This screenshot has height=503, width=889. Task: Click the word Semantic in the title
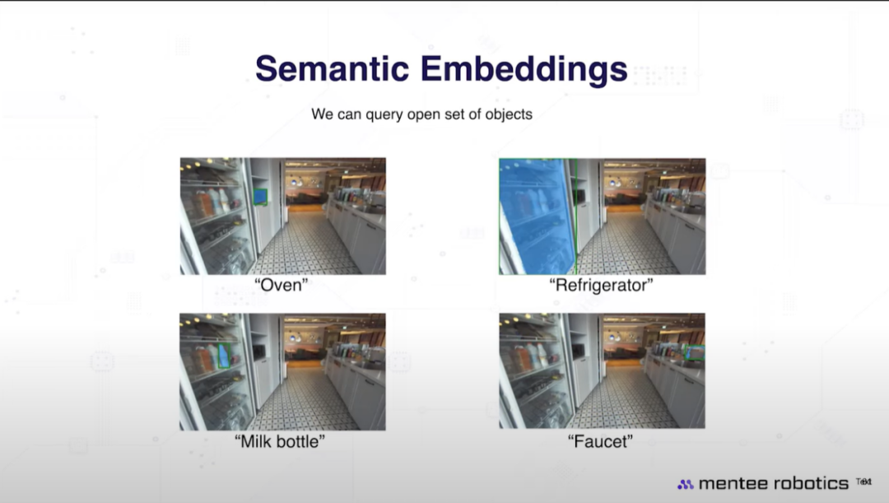click(333, 68)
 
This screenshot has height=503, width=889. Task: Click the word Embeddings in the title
click(524, 70)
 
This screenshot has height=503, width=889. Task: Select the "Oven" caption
click(282, 285)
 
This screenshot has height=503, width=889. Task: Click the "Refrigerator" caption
click(602, 285)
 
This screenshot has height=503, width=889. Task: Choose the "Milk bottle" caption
click(280, 441)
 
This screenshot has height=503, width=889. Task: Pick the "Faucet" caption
click(600, 441)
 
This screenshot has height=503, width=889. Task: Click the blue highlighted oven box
click(260, 196)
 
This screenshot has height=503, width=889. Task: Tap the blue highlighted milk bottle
click(225, 356)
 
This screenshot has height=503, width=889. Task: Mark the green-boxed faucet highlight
click(694, 352)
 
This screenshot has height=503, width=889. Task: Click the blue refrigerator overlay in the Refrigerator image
click(536, 217)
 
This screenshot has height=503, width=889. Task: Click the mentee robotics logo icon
click(686, 484)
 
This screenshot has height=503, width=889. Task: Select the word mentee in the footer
click(733, 483)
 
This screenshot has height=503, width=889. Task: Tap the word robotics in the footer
click(812, 483)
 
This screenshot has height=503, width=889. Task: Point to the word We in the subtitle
click(323, 114)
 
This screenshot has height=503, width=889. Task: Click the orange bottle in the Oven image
click(203, 203)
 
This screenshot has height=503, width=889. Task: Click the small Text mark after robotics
click(863, 482)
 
